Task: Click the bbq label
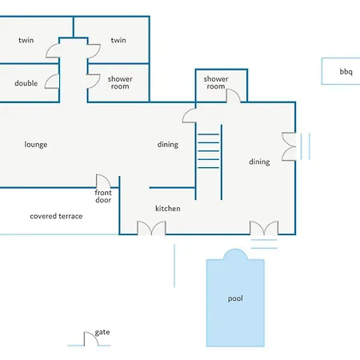[x=346, y=72]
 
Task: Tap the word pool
[x=235, y=298]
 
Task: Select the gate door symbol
[x=91, y=339]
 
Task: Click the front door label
[x=103, y=196]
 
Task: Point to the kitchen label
[x=168, y=208]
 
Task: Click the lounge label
[x=36, y=145]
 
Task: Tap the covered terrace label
[x=56, y=216]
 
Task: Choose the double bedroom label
[x=26, y=83]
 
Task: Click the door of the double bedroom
[x=52, y=82]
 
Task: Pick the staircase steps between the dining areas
[x=209, y=151]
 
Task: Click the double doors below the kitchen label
[x=151, y=228]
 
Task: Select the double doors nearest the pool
[x=264, y=228]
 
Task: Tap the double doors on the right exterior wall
[x=289, y=146]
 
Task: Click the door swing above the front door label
[x=103, y=181]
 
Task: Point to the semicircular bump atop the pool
[x=235, y=254]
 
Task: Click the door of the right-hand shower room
[x=234, y=96]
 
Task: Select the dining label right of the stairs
[x=259, y=162]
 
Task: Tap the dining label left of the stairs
[x=168, y=145]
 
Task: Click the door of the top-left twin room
[x=53, y=50]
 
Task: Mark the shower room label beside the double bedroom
[x=120, y=82]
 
